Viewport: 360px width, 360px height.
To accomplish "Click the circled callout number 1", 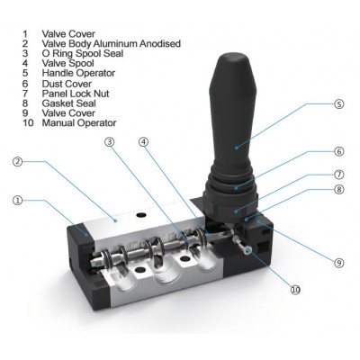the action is (18, 201).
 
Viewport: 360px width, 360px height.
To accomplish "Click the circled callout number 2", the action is (18, 162).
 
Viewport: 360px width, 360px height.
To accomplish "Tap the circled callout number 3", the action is (110, 142).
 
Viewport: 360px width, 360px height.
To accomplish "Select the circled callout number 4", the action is (144, 142).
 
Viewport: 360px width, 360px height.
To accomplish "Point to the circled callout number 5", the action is (338, 104).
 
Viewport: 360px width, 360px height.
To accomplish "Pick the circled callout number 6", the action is (339, 151).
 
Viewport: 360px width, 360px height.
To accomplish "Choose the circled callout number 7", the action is (339, 175).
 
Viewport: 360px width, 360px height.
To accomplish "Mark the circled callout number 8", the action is (339, 189).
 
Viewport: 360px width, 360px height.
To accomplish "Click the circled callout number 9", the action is (339, 263).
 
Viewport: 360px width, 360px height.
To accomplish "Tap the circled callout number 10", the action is (295, 290).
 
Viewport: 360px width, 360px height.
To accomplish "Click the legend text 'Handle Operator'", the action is (78, 73).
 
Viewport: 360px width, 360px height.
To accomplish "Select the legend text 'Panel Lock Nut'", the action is (76, 94).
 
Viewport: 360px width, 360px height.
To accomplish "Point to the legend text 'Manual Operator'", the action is (79, 122).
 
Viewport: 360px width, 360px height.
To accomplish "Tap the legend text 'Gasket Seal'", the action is (69, 103).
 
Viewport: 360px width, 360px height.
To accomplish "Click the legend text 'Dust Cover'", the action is (67, 84).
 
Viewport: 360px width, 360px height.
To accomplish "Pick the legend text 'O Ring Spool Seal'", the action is (83, 53).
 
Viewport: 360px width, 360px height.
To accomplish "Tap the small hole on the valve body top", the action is (140, 215).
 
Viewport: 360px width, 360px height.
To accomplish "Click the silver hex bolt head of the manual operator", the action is (247, 250).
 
